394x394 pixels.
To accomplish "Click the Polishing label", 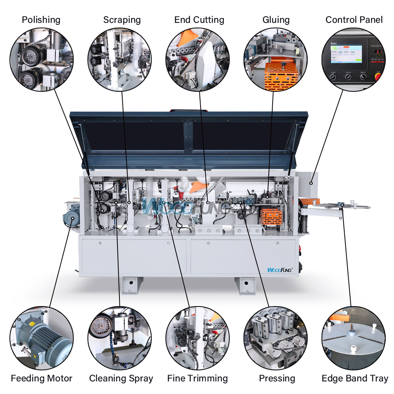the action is coord(41,20).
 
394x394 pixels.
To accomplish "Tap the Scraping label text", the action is coord(122,20).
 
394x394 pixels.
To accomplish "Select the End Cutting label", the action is coord(199,20).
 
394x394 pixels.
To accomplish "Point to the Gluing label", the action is coord(276,20).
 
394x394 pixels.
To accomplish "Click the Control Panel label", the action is coord(354,20).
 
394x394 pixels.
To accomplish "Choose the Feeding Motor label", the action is coord(41,378).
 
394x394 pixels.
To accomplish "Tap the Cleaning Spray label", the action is coord(121,378).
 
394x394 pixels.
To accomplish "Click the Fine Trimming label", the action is coord(197,378).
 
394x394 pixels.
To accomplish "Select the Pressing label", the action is coord(277,378).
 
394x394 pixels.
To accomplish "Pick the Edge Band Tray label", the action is coord(355,378).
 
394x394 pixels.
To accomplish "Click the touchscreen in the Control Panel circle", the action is coord(346,54).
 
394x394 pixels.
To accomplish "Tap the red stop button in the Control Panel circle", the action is coord(378,76).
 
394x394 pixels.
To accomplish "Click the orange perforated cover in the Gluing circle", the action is coord(281,76).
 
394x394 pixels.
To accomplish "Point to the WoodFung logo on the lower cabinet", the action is coord(280,270).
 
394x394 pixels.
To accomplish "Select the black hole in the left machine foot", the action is coord(131,282).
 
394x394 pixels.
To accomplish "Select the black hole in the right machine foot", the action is coord(246,283).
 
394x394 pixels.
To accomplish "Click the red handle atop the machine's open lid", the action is coord(189,110).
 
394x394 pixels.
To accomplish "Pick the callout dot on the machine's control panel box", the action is coord(311,183).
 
